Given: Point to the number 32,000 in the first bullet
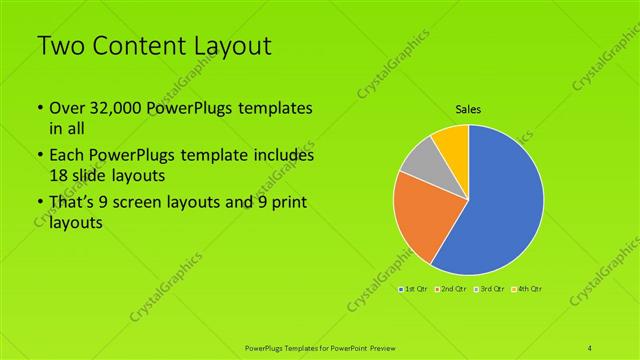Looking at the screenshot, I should [115, 108].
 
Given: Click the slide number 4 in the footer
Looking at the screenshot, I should [590, 347].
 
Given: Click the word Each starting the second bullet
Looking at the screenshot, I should [67, 157].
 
